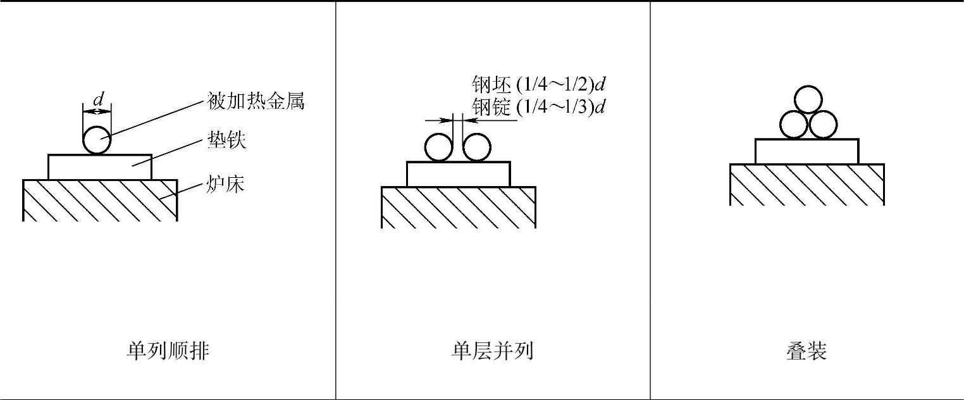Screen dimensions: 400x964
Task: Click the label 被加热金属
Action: tap(256, 101)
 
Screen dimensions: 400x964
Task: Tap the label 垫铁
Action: tap(226, 140)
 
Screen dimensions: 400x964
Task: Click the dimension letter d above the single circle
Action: tap(98, 100)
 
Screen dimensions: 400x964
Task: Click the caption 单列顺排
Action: tap(168, 350)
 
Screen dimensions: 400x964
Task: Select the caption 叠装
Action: tap(806, 350)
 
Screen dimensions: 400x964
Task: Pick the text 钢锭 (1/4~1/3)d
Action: tap(538, 106)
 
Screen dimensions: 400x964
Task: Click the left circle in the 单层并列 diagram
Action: tap(438, 148)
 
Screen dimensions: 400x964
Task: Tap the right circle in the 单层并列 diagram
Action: tap(477, 148)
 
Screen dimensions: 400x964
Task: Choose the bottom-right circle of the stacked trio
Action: tap(823, 125)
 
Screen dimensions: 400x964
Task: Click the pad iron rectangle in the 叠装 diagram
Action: tap(806, 151)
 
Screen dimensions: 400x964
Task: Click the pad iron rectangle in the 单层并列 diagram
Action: tap(458, 174)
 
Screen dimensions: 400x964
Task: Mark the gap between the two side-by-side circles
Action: tap(458, 148)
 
